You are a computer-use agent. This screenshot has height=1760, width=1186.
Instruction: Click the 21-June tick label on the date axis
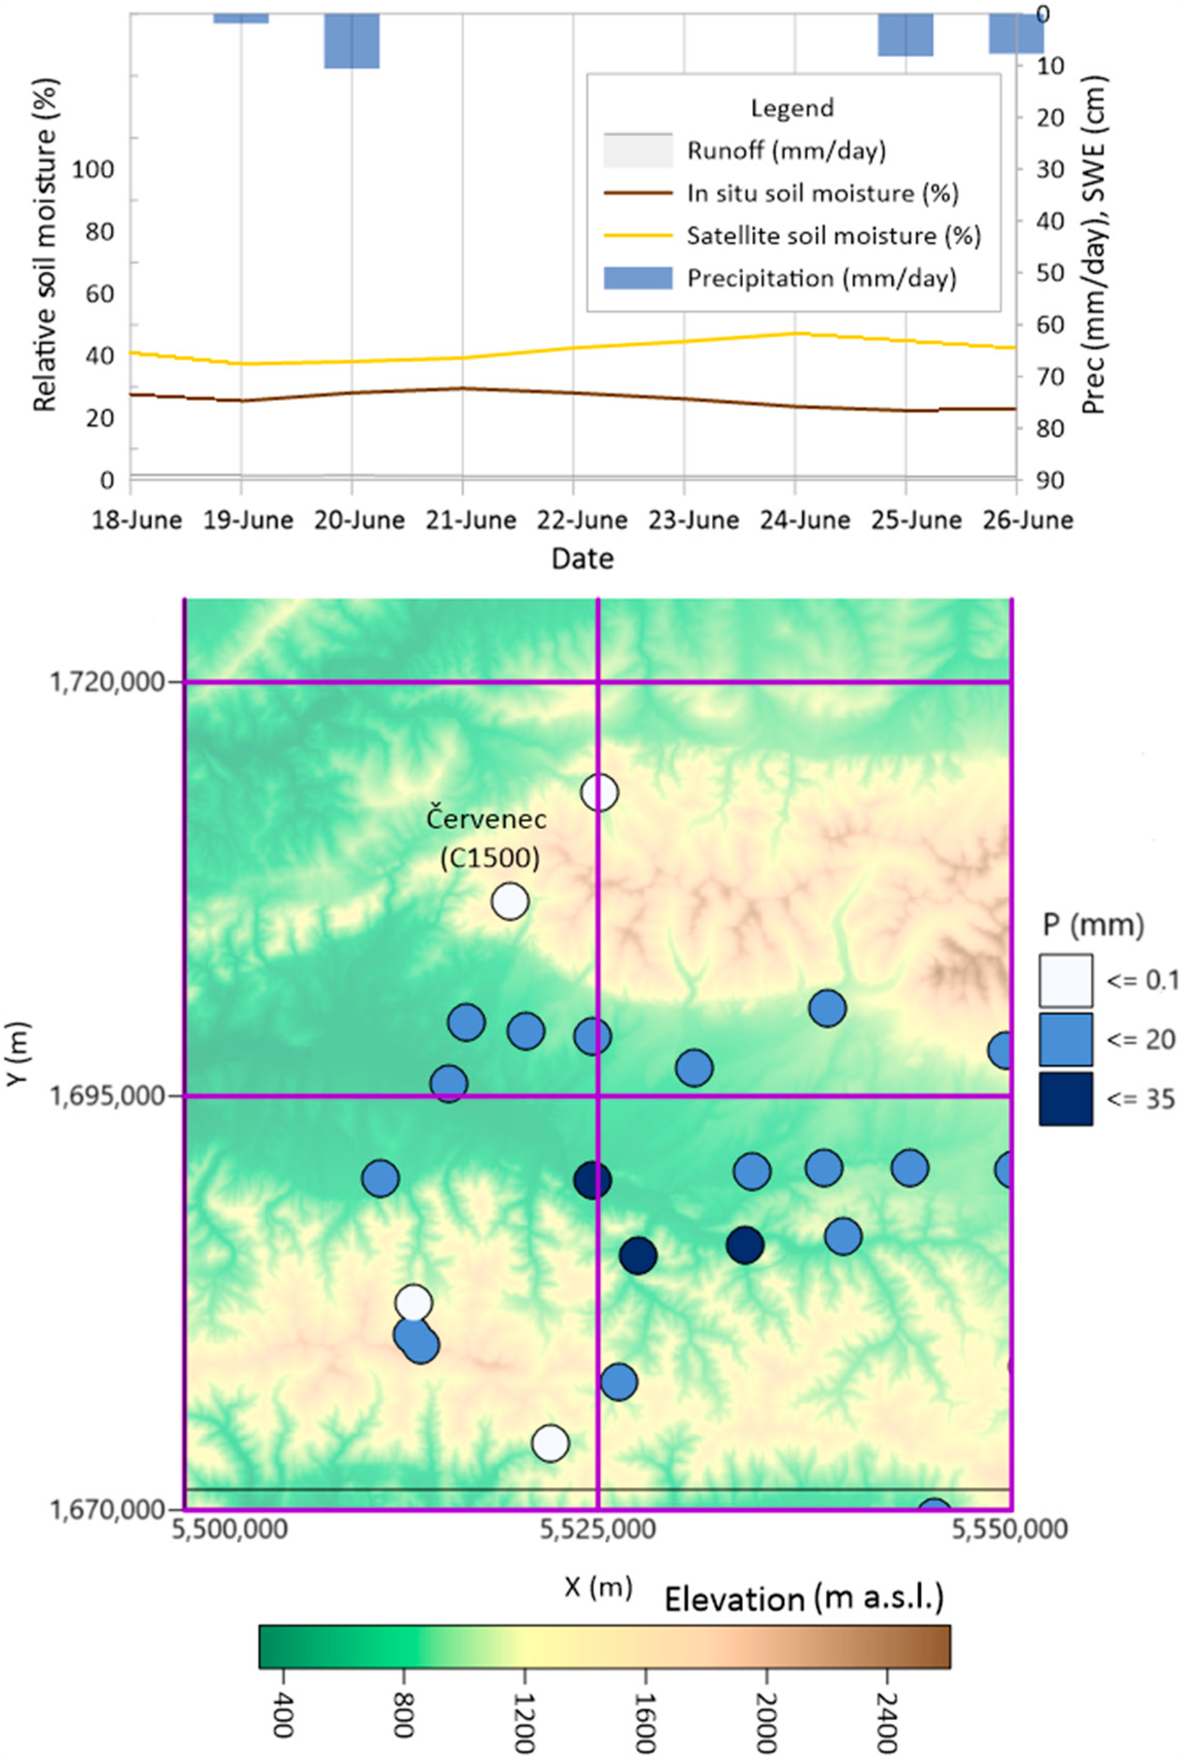[x=470, y=520]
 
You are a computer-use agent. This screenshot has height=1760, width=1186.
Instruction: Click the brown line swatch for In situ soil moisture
[x=638, y=193]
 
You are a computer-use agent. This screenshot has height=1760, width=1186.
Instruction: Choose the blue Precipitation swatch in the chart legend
[x=638, y=278]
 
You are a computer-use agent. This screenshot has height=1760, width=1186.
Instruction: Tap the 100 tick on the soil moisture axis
[x=92, y=169]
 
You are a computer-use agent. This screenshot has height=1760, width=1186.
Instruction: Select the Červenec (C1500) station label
[x=486, y=838]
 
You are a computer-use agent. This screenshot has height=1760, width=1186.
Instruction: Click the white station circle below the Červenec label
[x=510, y=902]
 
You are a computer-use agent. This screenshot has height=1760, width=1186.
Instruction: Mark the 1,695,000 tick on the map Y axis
[x=108, y=1095]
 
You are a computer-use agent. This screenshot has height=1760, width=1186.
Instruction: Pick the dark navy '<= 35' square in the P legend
[x=1065, y=1099]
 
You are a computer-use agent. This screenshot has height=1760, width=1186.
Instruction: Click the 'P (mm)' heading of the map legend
[x=1093, y=924]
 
